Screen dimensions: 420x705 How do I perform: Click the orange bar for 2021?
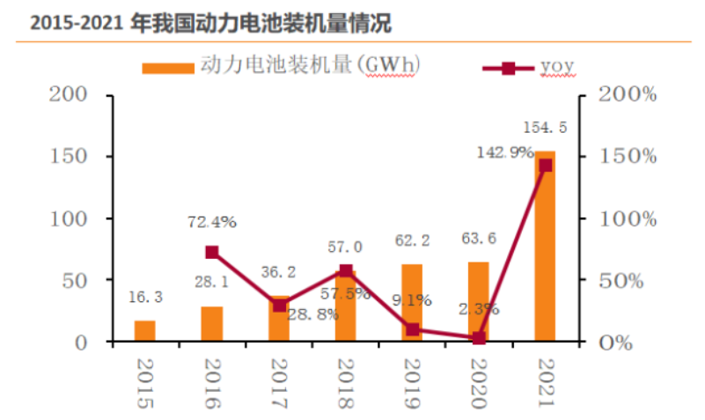click(x=545, y=247)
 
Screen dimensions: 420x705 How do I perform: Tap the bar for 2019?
click(x=412, y=303)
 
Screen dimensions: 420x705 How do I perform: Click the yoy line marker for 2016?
click(x=212, y=252)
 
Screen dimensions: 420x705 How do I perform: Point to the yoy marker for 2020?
click(x=479, y=338)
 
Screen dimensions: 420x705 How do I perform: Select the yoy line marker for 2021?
click(x=546, y=165)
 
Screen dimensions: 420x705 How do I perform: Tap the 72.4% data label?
click(x=212, y=222)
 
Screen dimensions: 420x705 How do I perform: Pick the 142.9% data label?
click(x=505, y=151)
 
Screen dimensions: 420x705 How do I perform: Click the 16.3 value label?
click(x=145, y=298)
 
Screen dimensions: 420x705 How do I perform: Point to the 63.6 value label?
click(x=479, y=236)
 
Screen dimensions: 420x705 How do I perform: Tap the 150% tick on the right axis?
click(x=628, y=156)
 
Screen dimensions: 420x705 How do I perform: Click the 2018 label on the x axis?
click(x=345, y=384)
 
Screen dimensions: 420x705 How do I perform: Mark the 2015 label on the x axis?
click(x=145, y=384)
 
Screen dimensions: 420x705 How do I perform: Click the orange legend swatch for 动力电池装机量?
click(x=167, y=67)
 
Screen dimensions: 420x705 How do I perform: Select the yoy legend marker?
click(x=508, y=67)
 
